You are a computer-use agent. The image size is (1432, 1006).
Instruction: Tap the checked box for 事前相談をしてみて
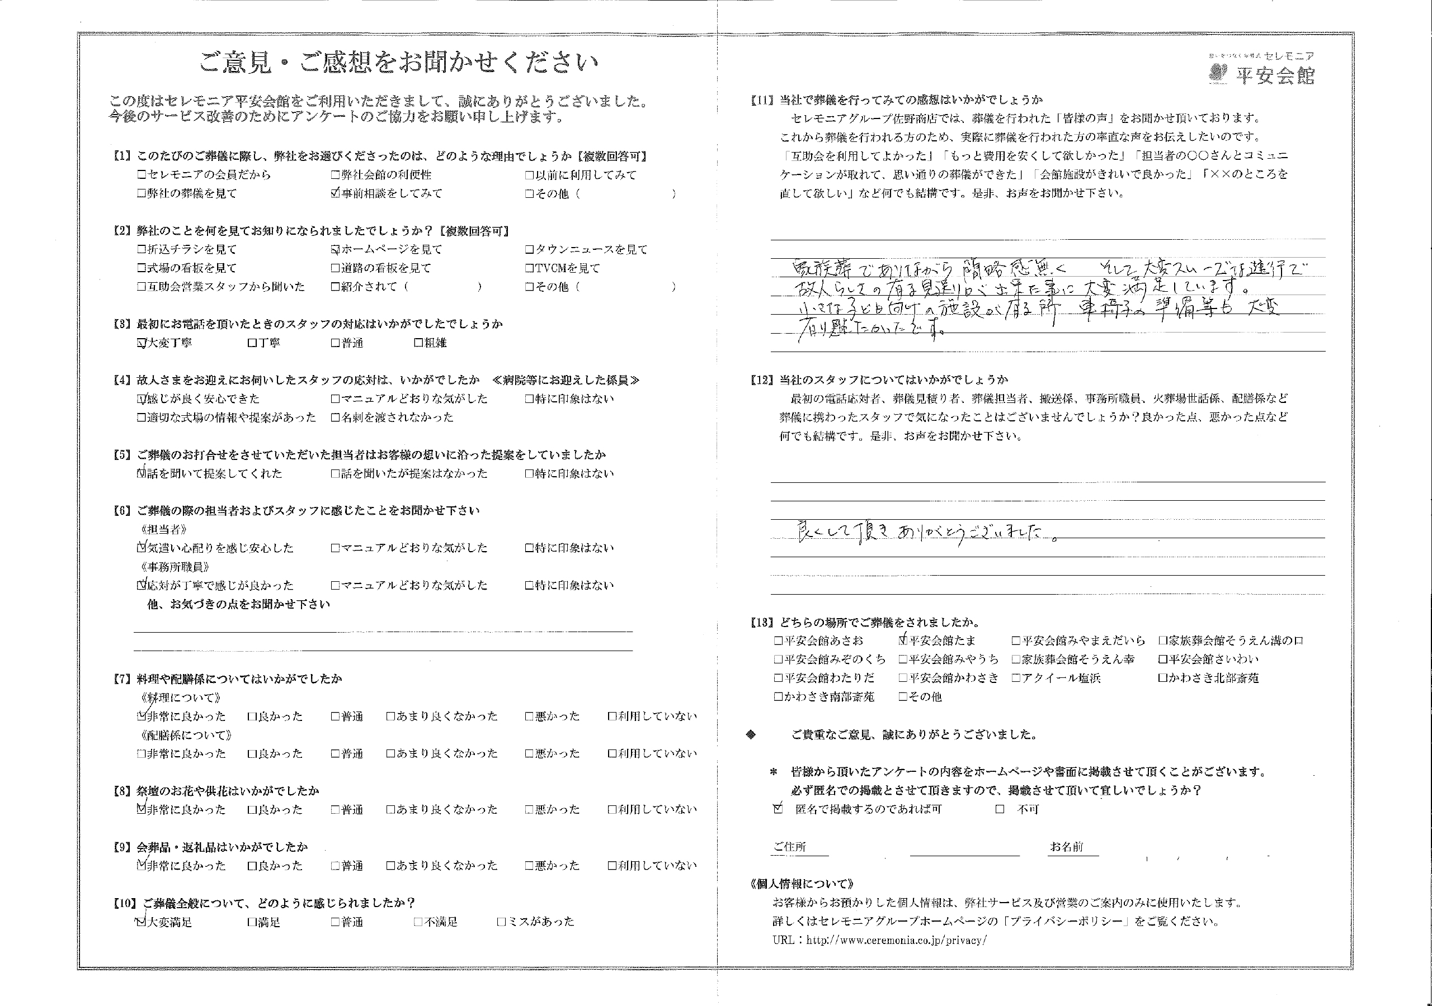336,194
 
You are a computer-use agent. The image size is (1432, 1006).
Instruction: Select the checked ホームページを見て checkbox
336,250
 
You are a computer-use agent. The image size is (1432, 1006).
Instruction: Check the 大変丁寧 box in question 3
142,343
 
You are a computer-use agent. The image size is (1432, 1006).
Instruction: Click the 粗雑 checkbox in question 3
418,343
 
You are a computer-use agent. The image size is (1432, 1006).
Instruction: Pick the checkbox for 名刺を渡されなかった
336,417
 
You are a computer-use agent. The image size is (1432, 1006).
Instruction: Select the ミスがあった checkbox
501,922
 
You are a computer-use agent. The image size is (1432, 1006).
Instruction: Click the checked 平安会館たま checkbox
903,640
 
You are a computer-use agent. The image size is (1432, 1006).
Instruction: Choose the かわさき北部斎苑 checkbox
1162,678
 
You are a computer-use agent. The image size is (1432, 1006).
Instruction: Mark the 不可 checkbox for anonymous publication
1000,810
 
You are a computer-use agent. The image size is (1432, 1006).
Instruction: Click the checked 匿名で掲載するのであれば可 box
778,809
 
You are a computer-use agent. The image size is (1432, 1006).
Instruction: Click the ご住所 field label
790,846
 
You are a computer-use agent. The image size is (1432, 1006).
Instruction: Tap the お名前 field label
1067,846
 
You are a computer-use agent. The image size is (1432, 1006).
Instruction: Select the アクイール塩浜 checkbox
1016,678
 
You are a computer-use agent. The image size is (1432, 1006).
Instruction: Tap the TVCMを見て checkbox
529,269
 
